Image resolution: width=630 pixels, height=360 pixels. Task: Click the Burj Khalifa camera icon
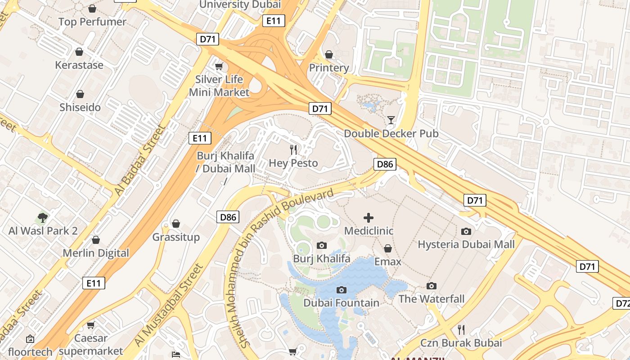click(x=321, y=245)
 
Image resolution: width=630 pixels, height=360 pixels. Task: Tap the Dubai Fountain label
click(x=341, y=303)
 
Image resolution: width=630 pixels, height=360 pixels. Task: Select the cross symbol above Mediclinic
click(x=368, y=218)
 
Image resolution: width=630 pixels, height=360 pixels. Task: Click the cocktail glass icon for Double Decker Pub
click(x=391, y=120)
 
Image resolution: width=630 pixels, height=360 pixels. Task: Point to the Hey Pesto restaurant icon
click(x=293, y=149)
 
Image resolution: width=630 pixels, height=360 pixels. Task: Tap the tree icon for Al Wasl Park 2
click(x=43, y=218)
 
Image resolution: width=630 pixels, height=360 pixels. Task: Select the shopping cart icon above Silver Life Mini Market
click(x=219, y=67)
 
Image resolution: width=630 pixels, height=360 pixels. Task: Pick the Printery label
click(x=329, y=68)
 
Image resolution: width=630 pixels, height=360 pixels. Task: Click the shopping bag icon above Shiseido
click(x=80, y=94)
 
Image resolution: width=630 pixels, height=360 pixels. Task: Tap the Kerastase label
click(x=79, y=65)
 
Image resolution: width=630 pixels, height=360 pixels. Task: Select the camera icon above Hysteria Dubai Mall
click(x=466, y=231)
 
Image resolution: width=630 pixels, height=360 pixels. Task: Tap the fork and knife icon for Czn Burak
click(x=461, y=329)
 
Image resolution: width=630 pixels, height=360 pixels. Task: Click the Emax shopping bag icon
click(x=387, y=248)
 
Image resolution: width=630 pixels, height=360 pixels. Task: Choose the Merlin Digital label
click(x=96, y=253)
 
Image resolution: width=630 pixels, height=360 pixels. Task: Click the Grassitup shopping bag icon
click(x=176, y=224)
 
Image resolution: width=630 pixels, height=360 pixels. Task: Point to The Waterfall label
click(x=431, y=299)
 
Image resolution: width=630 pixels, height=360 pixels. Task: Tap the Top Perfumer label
click(x=92, y=22)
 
